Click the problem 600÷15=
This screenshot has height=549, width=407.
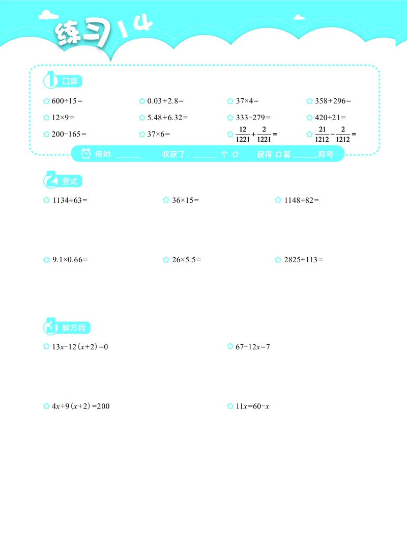pos(67,101)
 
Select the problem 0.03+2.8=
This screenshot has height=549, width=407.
pos(165,101)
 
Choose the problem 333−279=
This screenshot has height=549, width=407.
pos(253,118)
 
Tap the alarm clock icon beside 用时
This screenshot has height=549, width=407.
pos(86,153)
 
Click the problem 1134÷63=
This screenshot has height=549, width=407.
pos(70,200)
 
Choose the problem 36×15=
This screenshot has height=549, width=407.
pos(185,200)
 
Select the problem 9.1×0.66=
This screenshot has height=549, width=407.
pos(70,260)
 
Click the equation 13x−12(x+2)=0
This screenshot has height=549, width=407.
pos(80,347)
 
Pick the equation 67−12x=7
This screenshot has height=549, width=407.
pos(252,347)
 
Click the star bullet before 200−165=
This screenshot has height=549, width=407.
pos(46,134)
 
